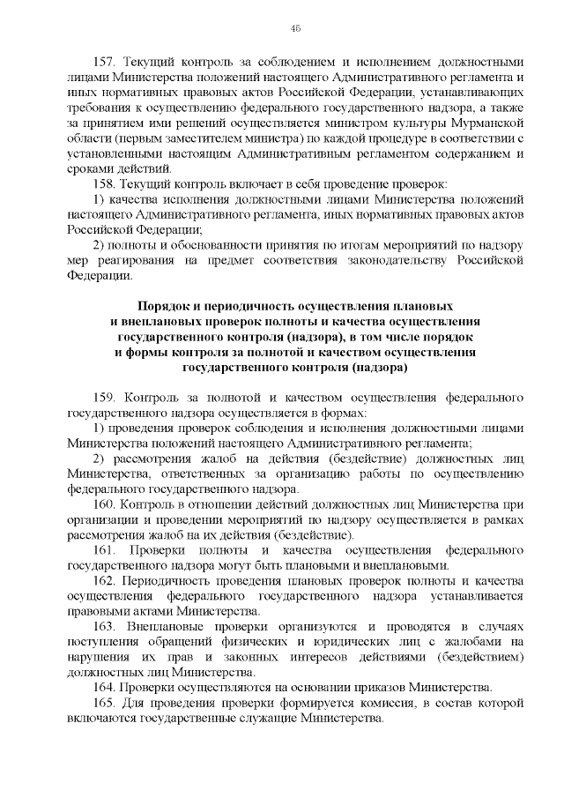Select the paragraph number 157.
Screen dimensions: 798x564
(106, 63)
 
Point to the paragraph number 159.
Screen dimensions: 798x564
(106, 396)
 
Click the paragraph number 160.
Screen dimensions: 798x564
(106, 503)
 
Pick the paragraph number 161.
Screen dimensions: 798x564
(106, 549)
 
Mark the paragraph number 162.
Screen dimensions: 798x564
(106, 580)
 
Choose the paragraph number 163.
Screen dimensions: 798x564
(106, 626)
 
